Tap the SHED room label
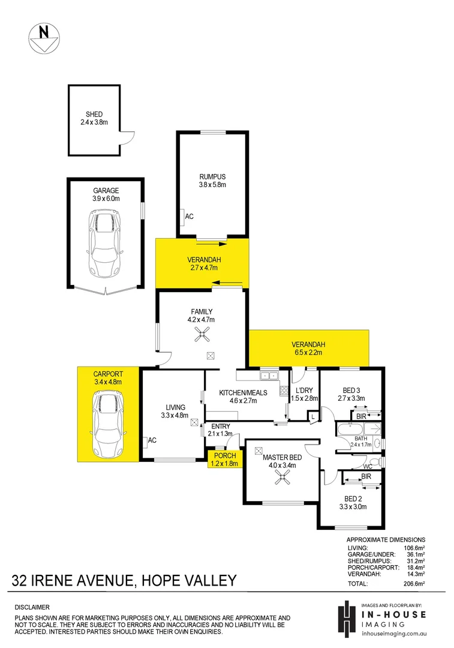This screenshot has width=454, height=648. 94,115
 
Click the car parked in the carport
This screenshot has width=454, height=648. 107,424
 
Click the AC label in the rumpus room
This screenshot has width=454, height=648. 190,216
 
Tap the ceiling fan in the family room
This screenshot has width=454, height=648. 200,336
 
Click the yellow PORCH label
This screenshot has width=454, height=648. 225,455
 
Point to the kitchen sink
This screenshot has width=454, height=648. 268,376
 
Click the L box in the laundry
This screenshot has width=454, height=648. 314,416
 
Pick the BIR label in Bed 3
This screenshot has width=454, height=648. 360,416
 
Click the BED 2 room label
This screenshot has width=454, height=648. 352,498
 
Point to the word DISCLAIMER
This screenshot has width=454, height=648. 32,607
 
